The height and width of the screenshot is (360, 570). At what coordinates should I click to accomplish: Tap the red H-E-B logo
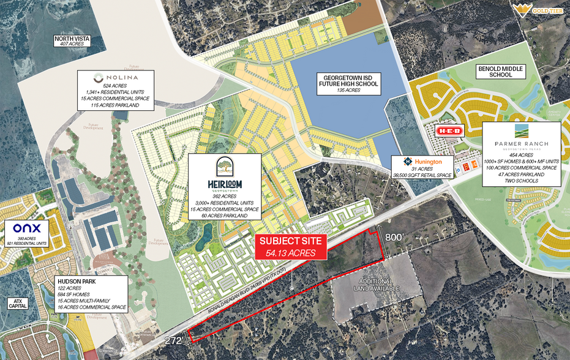tap(449, 130)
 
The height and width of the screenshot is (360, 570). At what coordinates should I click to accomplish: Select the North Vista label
tap(72, 39)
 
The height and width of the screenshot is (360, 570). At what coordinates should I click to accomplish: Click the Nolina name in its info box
tap(116, 78)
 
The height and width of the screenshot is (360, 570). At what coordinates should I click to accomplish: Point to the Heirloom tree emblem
tap(223, 167)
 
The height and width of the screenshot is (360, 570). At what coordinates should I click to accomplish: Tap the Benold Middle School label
tap(502, 72)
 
